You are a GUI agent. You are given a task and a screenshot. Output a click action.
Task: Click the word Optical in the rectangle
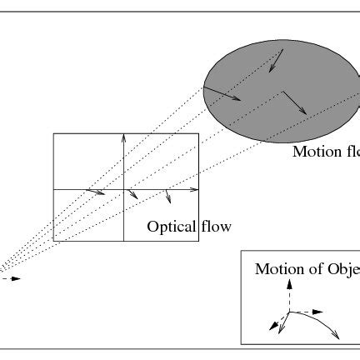click(171, 226)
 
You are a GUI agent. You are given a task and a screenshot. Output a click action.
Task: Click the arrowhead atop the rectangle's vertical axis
click(123, 136)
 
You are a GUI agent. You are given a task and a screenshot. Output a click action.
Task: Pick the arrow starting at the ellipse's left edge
click(223, 92)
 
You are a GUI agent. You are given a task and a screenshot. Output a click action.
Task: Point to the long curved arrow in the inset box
click(321, 322)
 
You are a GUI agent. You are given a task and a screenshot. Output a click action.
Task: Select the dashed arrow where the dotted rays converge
click(10, 278)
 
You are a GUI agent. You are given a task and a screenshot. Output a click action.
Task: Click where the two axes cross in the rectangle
click(123, 190)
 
